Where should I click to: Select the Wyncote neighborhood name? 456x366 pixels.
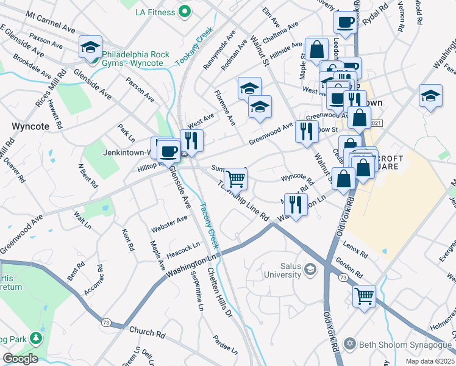click(x=30, y=126)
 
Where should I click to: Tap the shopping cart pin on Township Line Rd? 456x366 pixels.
click(x=235, y=179)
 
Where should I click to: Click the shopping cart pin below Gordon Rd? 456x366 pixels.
click(x=364, y=296)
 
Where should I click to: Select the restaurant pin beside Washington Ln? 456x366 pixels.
click(x=296, y=204)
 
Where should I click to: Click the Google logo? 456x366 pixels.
click(x=20, y=359)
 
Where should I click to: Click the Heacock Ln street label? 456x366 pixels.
click(x=183, y=246)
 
